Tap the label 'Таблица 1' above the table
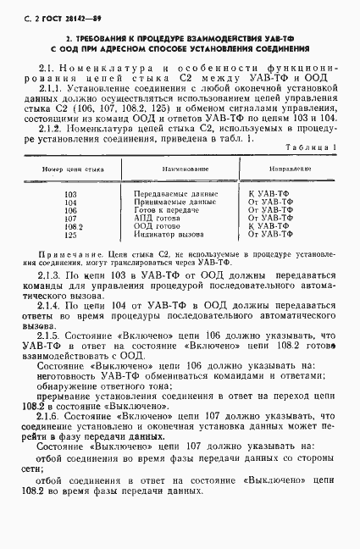pyautogui.click(x=313, y=147)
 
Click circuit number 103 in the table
pyautogui.click(x=69, y=194)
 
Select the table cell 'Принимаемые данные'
pyautogui.click(x=169, y=202)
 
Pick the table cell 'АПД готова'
pyautogui.click(x=156, y=218)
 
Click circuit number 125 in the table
pyautogui.click(x=69, y=235)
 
